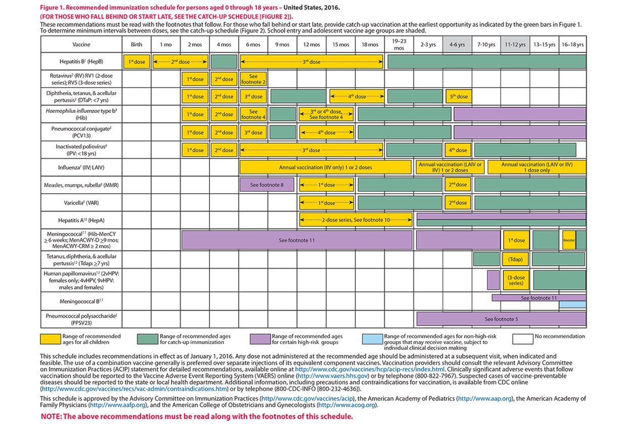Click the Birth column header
point(137,45)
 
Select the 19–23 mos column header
point(399,45)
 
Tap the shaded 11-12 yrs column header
point(515,45)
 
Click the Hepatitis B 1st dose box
point(137,62)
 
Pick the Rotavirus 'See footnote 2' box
point(253,79)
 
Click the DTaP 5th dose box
point(459,97)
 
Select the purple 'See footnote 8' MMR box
point(267,185)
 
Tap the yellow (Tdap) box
point(515,260)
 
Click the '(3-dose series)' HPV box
point(516,280)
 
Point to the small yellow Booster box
point(569,240)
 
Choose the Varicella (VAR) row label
point(81,203)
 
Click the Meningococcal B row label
point(81,301)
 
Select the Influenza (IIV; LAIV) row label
point(81,167)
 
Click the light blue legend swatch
point(372,339)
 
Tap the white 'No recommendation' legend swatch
point(522,339)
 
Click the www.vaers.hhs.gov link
point(332,376)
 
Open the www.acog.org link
point(346,405)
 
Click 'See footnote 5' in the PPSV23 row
point(501,319)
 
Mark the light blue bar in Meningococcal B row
point(572,305)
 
